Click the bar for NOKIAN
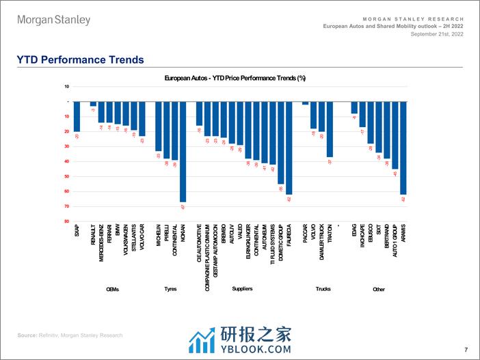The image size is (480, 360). click(x=183, y=152)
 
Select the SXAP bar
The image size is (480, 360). click(x=77, y=116)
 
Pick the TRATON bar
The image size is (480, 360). click(x=330, y=129)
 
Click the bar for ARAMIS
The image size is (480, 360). click(x=403, y=148)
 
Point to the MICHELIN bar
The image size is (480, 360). click(x=158, y=126)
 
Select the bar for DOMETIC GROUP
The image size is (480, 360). click(x=281, y=143)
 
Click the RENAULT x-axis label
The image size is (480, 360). click(x=94, y=236)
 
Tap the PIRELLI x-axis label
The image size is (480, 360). click(x=166, y=235)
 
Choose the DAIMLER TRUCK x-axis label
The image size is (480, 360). click(x=321, y=243)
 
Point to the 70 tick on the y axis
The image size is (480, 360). click(x=66, y=206)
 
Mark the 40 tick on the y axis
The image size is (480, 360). click(x=66, y=161)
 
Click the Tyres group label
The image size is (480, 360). click(x=170, y=289)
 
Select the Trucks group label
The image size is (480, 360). click(x=323, y=289)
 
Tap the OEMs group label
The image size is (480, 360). click(x=113, y=289)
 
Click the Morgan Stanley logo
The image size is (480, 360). click(x=53, y=20)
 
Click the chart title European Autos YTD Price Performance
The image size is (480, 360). click(x=235, y=79)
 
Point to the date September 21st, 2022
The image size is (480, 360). click(x=432, y=33)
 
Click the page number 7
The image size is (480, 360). click(x=465, y=348)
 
